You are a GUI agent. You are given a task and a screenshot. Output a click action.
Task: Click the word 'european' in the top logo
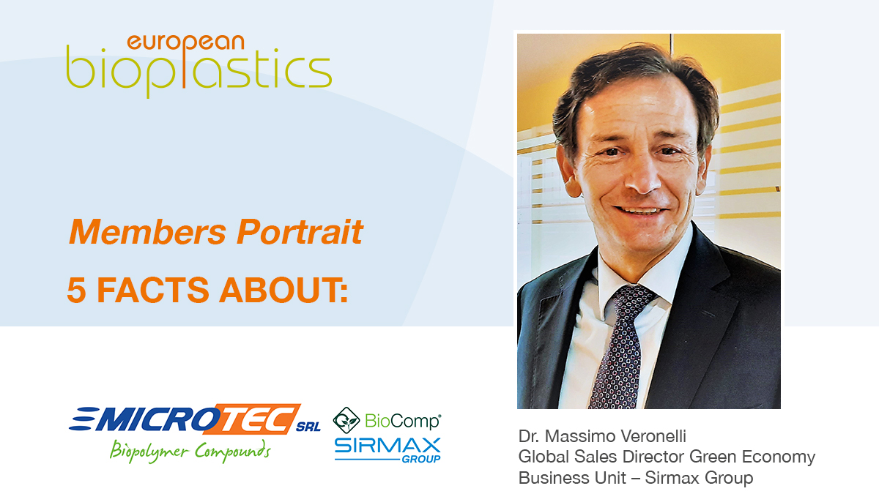point(185,43)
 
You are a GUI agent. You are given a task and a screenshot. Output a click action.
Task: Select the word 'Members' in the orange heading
point(147,232)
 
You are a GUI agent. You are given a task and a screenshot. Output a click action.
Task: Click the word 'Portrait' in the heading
point(300,232)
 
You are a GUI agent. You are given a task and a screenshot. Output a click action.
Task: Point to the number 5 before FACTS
point(76,290)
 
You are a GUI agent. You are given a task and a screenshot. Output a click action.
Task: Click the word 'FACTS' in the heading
point(152,290)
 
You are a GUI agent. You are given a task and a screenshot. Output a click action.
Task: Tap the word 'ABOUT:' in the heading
point(283,290)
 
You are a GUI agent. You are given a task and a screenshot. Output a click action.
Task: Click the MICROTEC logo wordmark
point(185,419)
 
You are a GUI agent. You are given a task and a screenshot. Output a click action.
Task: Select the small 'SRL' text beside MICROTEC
point(308,427)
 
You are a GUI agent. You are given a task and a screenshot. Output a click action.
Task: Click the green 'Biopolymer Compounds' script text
point(190,452)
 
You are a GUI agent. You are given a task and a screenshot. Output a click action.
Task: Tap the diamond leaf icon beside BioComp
point(346,420)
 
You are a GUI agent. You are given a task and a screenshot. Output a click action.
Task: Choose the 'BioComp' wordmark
point(403,422)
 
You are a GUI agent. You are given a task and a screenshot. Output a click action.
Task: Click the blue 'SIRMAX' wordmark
point(387,446)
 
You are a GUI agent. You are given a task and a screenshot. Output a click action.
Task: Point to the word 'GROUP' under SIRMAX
point(421,459)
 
